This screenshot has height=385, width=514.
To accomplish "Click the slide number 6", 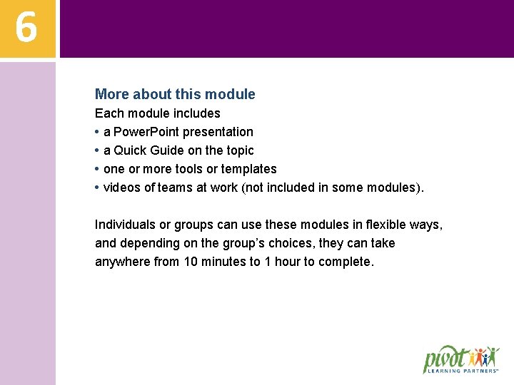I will point(26,28).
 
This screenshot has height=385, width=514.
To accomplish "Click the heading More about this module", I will point(175,94).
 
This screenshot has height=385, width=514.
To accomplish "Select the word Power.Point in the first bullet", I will point(148,132).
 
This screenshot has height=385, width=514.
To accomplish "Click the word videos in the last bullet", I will point(121,188).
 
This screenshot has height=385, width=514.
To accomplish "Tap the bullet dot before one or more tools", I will point(97,169).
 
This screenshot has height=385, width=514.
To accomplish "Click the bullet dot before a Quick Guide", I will point(97,150).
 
